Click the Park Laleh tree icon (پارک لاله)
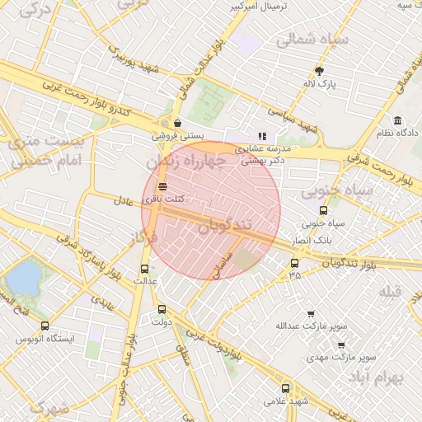(x=320, y=71)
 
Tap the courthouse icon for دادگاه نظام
(x=397, y=121)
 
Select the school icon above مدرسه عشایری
(x=262, y=136)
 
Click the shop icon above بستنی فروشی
(x=177, y=124)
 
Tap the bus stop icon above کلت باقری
(x=162, y=186)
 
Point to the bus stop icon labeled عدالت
(x=145, y=269)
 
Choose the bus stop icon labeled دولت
(x=162, y=310)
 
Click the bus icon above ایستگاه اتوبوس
(x=45, y=326)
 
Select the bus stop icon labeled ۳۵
(x=294, y=264)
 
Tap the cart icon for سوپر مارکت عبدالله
(x=311, y=314)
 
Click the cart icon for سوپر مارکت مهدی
(x=341, y=345)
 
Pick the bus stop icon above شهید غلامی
(x=285, y=388)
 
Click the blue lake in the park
(x=24, y=278)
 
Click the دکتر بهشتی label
(x=262, y=162)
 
